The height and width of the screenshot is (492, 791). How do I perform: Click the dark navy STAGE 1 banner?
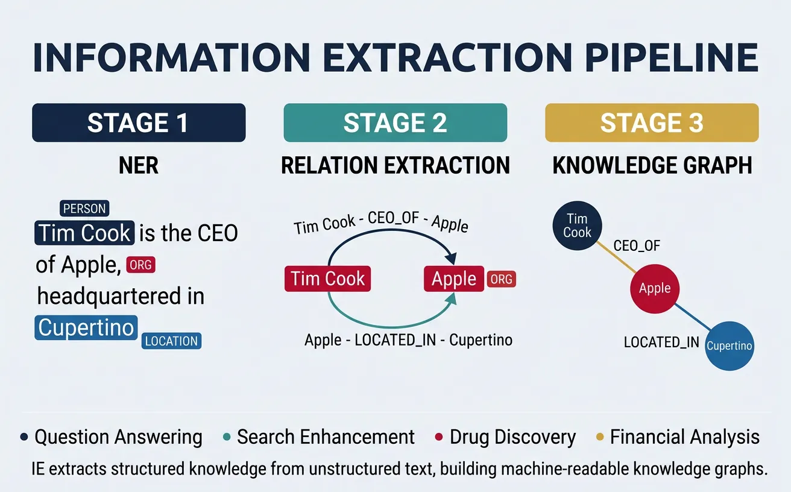(139, 123)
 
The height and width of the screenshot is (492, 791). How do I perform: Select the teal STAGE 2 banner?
(395, 123)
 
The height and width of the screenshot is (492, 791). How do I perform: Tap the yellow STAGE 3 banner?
(652, 123)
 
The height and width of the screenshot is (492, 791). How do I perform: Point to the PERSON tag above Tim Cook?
(84, 209)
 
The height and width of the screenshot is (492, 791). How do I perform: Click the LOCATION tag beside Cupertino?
(172, 341)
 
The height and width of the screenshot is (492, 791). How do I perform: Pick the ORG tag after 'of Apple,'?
(140, 265)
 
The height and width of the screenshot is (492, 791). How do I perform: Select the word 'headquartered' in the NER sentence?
(121, 296)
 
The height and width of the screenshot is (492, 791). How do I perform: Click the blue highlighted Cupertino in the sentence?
(86, 327)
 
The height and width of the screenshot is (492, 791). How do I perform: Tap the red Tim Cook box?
(327, 279)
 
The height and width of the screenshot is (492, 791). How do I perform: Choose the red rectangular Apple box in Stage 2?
(454, 279)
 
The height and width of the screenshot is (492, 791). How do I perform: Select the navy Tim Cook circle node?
(577, 225)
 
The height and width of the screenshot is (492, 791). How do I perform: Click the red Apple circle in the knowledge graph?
(655, 288)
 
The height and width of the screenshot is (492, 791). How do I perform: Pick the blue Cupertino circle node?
(729, 346)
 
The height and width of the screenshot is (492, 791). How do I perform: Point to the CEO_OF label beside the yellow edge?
(637, 245)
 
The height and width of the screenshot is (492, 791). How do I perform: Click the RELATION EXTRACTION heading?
(395, 165)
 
